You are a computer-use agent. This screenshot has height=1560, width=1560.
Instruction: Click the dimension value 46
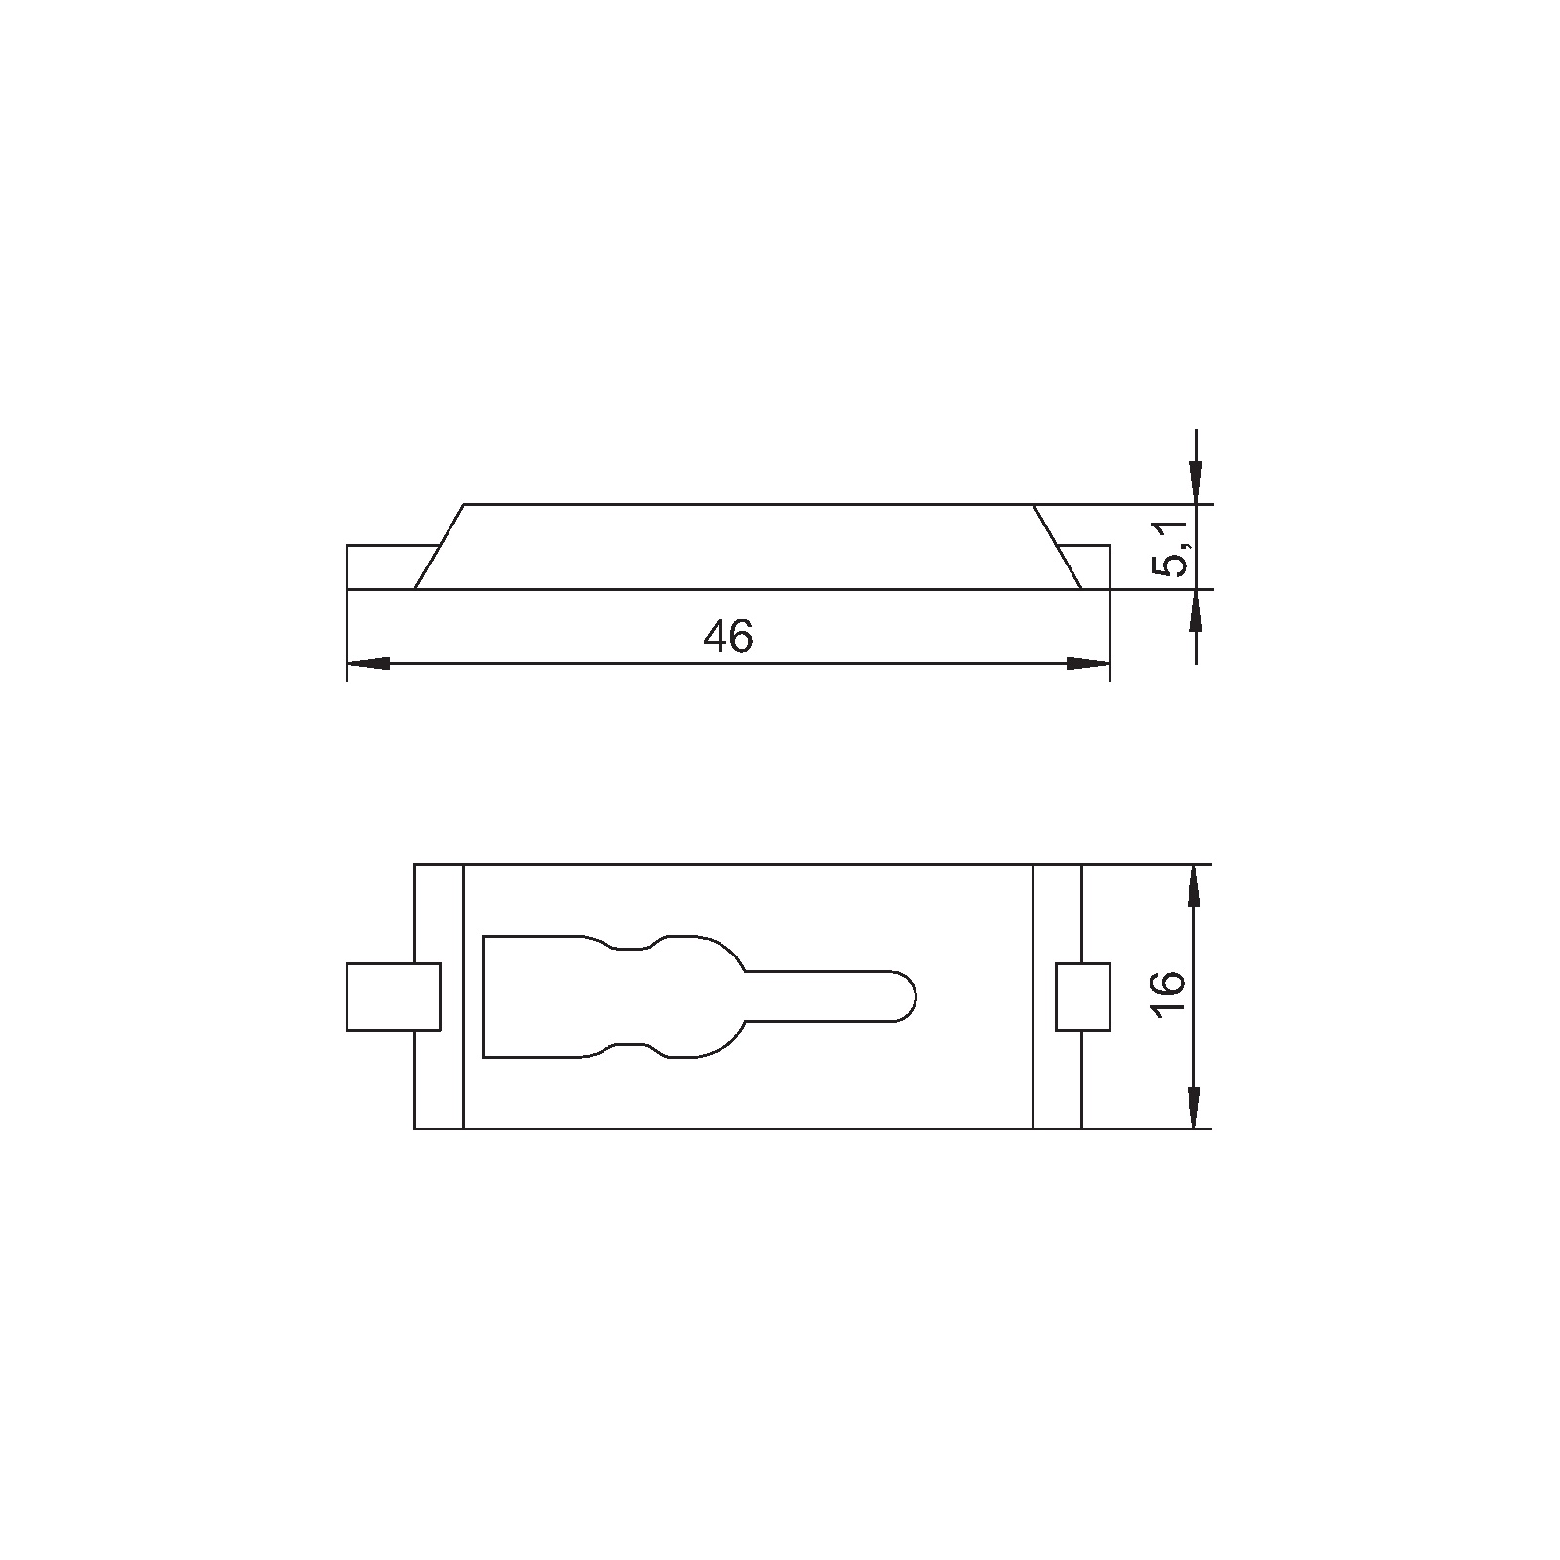click(x=728, y=637)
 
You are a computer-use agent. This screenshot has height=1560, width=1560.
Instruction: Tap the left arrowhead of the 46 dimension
click(x=369, y=663)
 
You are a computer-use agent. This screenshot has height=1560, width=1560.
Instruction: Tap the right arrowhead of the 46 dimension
click(x=1088, y=663)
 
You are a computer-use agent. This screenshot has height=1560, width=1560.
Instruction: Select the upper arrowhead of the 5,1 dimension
click(x=1196, y=483)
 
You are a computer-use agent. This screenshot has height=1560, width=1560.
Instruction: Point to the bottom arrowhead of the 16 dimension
click(x=1196, y=1108)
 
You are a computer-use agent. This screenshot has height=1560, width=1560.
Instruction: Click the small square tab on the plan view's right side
click(x=1083, y=995)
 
